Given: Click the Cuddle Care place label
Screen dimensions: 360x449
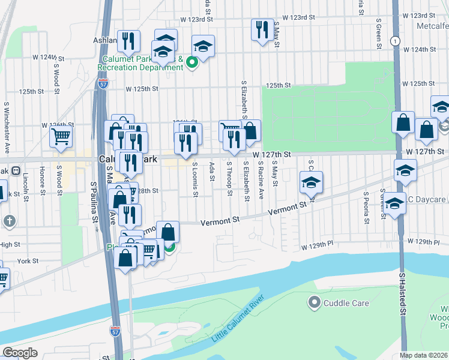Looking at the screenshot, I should click(x=346, y=303).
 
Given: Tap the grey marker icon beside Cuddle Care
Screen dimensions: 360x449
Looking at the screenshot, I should click(x=314, y=302).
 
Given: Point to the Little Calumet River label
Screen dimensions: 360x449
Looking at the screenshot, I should click(x=238, y=320).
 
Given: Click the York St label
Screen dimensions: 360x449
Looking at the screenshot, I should click(x=28, y=261).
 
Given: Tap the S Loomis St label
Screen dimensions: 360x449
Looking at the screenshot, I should click(x=196, y=179).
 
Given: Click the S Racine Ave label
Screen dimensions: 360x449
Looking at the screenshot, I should click(x=261, y=179).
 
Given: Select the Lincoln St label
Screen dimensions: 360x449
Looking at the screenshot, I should click(x=26, y=188).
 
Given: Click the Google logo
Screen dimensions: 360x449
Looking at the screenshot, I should click(x=20, y=353).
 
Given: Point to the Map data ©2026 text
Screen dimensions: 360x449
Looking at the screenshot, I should click(x=424, y=355).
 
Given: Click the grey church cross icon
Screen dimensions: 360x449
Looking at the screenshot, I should click(x=9, y=221).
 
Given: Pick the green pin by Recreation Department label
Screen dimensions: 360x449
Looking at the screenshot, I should click(x=192, y=62).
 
